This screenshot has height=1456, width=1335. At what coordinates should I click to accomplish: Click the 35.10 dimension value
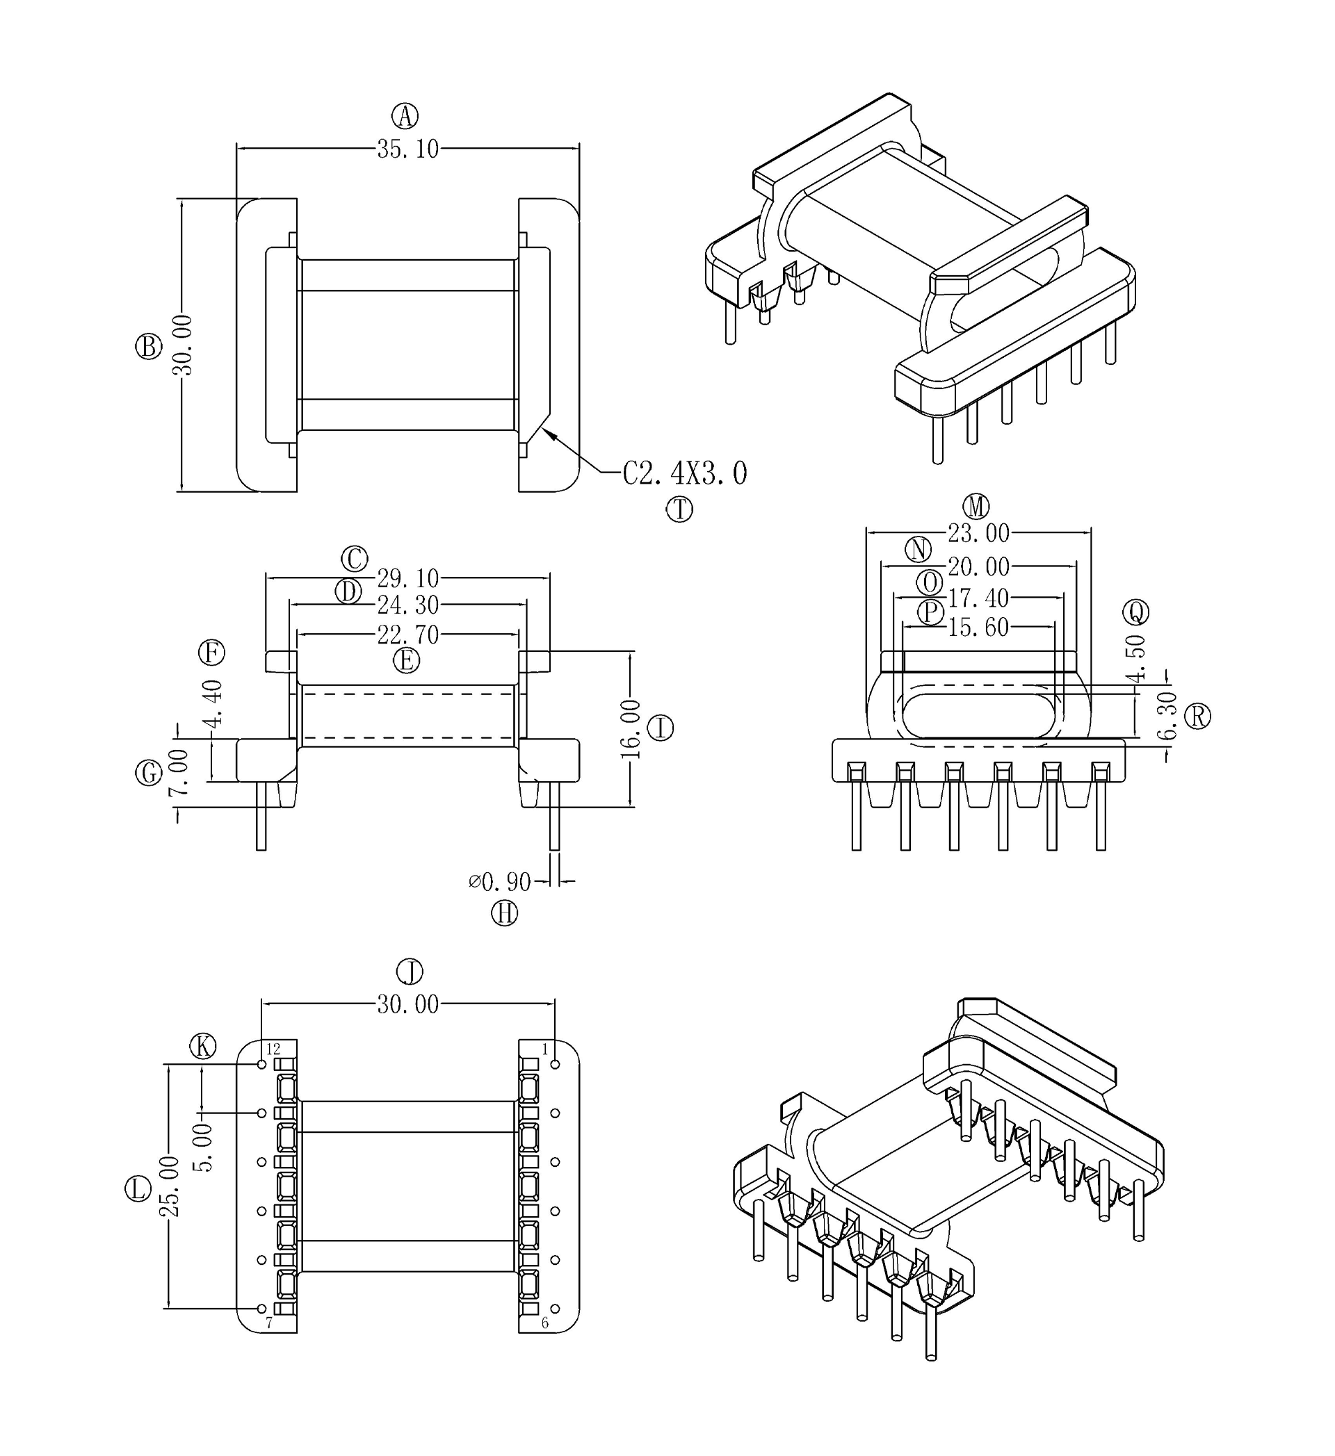407,149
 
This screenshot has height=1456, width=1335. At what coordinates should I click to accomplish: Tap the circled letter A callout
405,115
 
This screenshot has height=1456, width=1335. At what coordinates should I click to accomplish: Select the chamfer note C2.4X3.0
685,474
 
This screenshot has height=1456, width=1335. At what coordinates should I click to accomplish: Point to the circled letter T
679,509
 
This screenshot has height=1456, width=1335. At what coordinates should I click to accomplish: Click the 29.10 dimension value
407,578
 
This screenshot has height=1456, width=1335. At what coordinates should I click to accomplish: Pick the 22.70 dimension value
407,635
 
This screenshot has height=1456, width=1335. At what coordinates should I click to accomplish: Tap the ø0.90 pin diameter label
500,882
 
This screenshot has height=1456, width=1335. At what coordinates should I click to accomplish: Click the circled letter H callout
504,914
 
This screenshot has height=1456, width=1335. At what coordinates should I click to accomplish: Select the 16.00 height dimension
631,729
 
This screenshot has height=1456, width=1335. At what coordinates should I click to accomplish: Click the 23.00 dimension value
978,534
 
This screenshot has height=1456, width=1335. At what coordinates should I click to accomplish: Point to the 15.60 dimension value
978,628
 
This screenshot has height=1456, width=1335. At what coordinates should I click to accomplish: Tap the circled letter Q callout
1135,612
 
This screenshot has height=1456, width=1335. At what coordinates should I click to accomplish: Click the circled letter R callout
1199,717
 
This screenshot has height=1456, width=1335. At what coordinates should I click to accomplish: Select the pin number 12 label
273,1049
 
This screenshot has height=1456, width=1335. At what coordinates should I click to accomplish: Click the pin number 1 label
544,1049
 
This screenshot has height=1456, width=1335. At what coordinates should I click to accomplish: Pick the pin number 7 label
268,1323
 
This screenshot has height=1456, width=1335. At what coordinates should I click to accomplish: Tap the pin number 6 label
544,1323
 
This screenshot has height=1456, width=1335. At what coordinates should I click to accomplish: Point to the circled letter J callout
410,972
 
